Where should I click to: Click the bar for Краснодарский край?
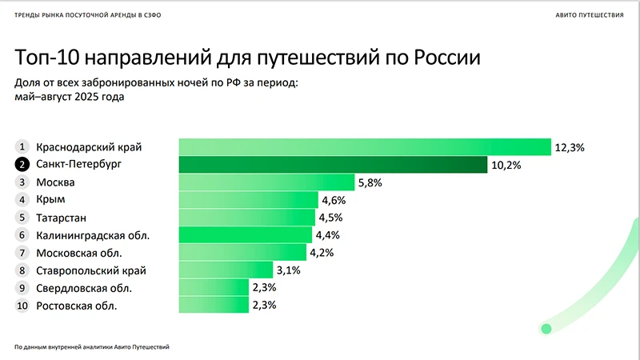(x=364, y=147)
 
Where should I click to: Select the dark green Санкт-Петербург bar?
(x=332, y=165)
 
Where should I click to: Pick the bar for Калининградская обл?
(x=245, y=235)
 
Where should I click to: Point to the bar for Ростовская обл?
(x=213, y=305)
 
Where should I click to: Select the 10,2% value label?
(x=507, y=165)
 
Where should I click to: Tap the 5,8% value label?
(x=370, y=182)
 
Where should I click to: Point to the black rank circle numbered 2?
(x=23, y=165)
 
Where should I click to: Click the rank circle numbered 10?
(x=23, y=305)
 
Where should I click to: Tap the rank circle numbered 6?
(x=23, y=235)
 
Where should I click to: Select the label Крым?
(x=51, y=200)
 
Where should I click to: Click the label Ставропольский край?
(x=91, y=270)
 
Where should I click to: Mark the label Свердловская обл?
(x=84, y=288)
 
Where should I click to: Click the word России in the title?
(x=436, y=59)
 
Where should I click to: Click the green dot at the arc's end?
(x=547, y=328)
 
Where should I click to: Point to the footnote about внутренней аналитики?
(x=92, y=347)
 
